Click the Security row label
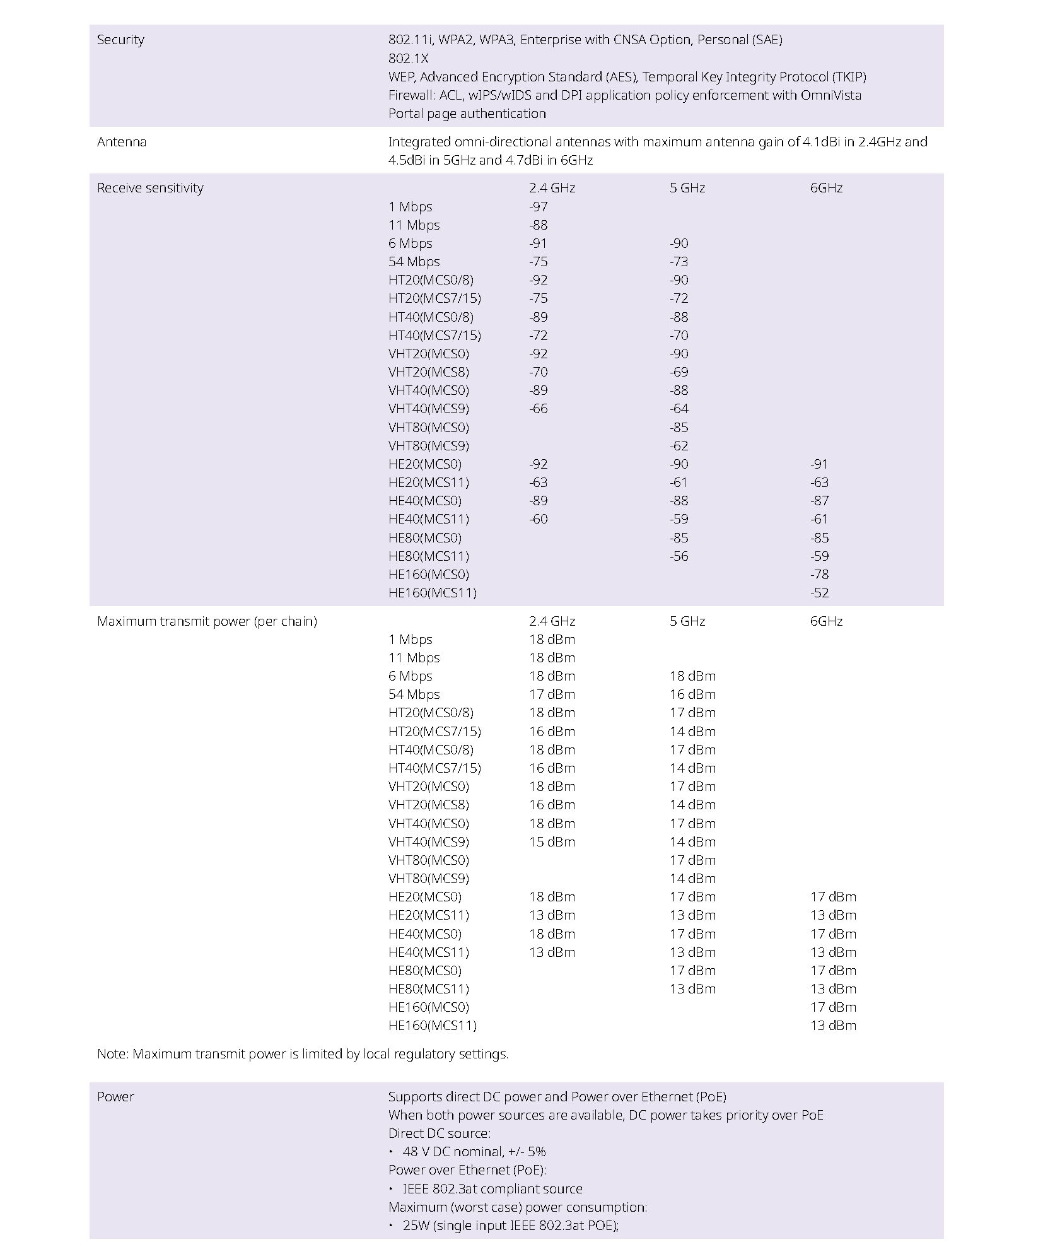click(x=120, y=40)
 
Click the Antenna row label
click(x=122, y=142)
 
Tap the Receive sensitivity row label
click(x=150, y=188)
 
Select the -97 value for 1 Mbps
click(x=539, y=207)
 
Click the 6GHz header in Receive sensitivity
click(x=826, y=188)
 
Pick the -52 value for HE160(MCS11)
click(x=819, y=593)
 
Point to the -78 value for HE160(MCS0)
click(x=819, y=575)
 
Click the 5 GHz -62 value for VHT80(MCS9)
click(x=679, y=446)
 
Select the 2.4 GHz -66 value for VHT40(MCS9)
click(x=539, y=409)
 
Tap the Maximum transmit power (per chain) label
click(x=207, y=621)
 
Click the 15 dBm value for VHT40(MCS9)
click(x=552, y=842)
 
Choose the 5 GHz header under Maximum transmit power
click(x=687, y=621)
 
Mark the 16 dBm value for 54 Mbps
click(x=692, y=694)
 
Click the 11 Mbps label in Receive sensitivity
click(x=414, y=225)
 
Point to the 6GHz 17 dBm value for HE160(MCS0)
click(x=833, y=1007)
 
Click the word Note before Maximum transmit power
click(x=112, y=1054)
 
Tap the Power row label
click(x=115, y=1097)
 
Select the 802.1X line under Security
click(x=408, y=59)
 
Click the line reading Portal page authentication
click(x=467, y=114)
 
